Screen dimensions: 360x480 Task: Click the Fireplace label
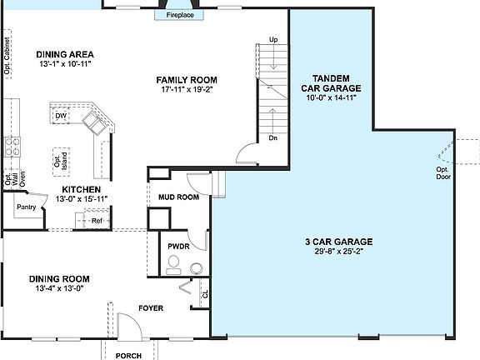click(x=180, y=15)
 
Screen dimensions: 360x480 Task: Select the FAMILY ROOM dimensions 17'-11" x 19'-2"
click(x=185, y=90)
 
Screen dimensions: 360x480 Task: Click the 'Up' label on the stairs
click(x=273, y=39)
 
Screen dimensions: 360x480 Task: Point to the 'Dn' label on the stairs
click(x=272, y=137)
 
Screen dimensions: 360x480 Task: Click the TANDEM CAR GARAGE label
click(x=330, y=82)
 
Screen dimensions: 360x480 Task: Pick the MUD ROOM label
click(x=178, y=197)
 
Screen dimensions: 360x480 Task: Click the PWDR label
click(x=178, y=247)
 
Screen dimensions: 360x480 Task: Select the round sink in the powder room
click(x=196, y=267)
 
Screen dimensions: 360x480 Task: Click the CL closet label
click(x=204, y=293)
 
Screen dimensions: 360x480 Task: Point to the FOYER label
click(x=151, y=308)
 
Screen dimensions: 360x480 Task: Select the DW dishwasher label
click(x=60, y=116)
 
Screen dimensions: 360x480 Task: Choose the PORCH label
click(x=127, y=355)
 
